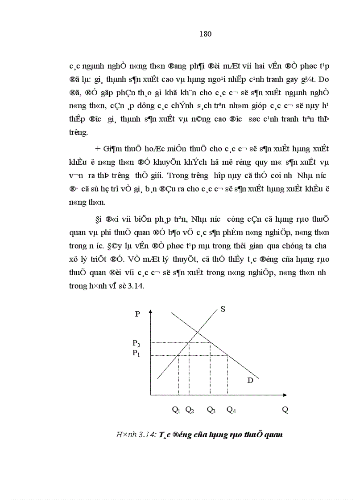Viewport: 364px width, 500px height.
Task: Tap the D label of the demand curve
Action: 250,380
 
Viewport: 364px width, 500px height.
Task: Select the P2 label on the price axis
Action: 136,343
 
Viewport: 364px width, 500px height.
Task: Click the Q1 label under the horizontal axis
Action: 176,410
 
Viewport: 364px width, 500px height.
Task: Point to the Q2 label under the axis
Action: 189,410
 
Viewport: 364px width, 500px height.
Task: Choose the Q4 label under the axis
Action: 231,410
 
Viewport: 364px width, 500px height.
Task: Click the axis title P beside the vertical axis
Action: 137,314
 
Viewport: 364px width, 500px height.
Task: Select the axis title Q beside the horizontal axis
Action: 285,410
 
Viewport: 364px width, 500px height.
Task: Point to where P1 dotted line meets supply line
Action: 178,355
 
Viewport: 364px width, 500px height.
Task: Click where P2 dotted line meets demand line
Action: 211,342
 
